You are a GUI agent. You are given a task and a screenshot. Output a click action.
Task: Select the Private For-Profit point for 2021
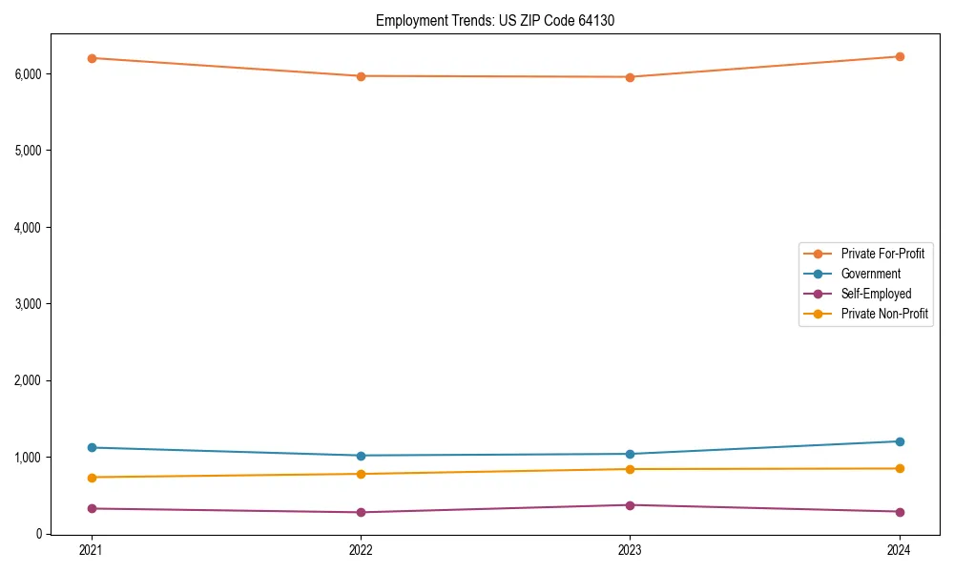92,58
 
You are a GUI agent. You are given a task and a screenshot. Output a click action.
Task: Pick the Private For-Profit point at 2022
361,76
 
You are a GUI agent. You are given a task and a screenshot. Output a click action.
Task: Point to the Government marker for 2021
92,447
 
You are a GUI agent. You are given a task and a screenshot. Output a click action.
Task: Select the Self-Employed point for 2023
630,505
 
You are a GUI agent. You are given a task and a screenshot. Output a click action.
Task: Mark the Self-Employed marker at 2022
361,512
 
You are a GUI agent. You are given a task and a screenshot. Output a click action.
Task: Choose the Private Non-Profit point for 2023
630,469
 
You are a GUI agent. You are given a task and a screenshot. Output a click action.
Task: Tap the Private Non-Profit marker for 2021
92,478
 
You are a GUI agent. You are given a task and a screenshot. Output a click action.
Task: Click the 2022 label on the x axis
361,550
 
